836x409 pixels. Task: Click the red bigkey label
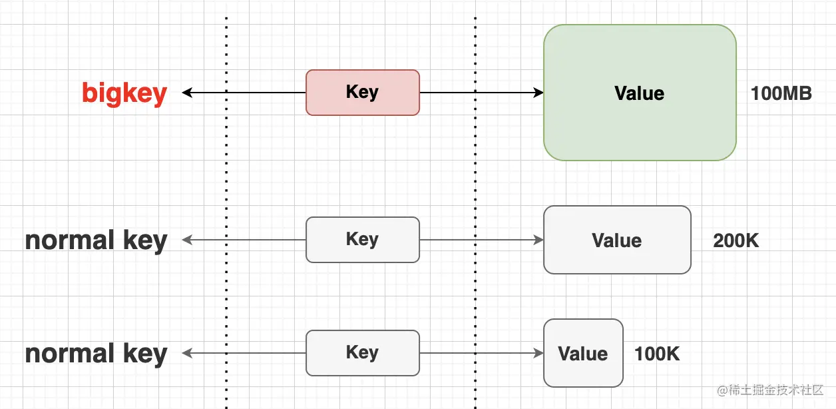click(x=124, y=93)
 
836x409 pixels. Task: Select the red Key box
click(x=363, y=93)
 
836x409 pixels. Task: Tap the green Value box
click(x=640, y=93)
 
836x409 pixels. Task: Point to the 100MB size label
click(x=781, y=93)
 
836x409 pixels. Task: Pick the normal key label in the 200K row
click(x=96, y=240)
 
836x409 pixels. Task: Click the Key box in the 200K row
click(x=363, y=240)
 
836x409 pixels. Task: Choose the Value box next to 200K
click(x=617, y=240)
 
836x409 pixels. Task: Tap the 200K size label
click(x=735, y=240)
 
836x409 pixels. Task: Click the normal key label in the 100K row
click(x=96, y=353)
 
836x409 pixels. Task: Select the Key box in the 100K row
click(x=363, y=353)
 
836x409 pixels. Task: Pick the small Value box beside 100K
click(x=583, y=353)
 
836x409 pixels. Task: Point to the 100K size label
click(x=657, y=354)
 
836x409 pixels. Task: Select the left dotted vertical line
click(x=226, y=167)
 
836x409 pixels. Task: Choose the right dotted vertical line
click(x=475, y=167)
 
